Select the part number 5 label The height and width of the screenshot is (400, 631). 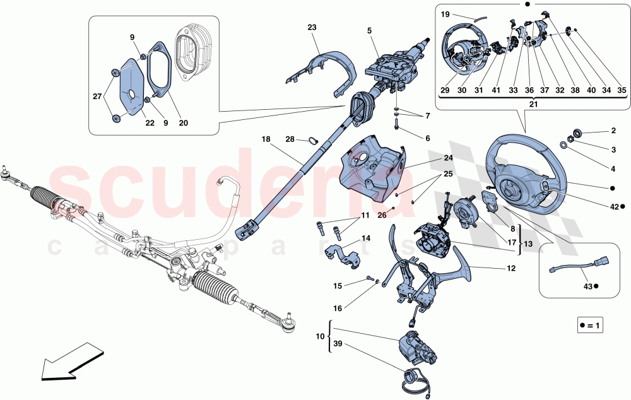pyautogui.click(x=369, y=30)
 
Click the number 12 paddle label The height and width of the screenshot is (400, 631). pyautogui.click(x=510, y=268)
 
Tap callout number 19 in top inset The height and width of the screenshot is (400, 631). pyautogui.click(x=445, y=13)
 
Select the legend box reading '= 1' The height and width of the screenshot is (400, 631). pyautogui.click(x=591, y=326)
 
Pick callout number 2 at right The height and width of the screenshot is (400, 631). pyautogui.click(x=613, y=131)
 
